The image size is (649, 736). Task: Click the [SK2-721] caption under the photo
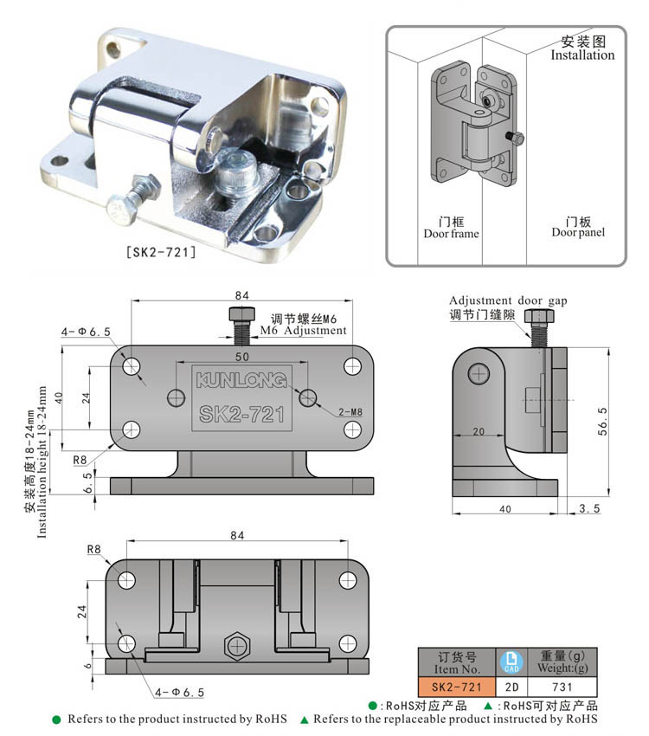tap(161, 253)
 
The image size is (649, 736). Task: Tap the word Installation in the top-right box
tap(582, 55)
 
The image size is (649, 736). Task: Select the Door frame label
tap(451, 234)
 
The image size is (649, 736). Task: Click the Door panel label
tap(578, 232)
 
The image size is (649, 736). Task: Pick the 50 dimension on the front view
tap(242, 357)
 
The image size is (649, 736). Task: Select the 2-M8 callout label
tap(350, 412)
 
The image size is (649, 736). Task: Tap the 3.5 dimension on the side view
tap(590, 508)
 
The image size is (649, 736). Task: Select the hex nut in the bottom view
tap(235, 646)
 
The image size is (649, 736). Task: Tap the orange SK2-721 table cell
tap(456, 686)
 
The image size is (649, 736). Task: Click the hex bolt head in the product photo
tap(121, 209)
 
